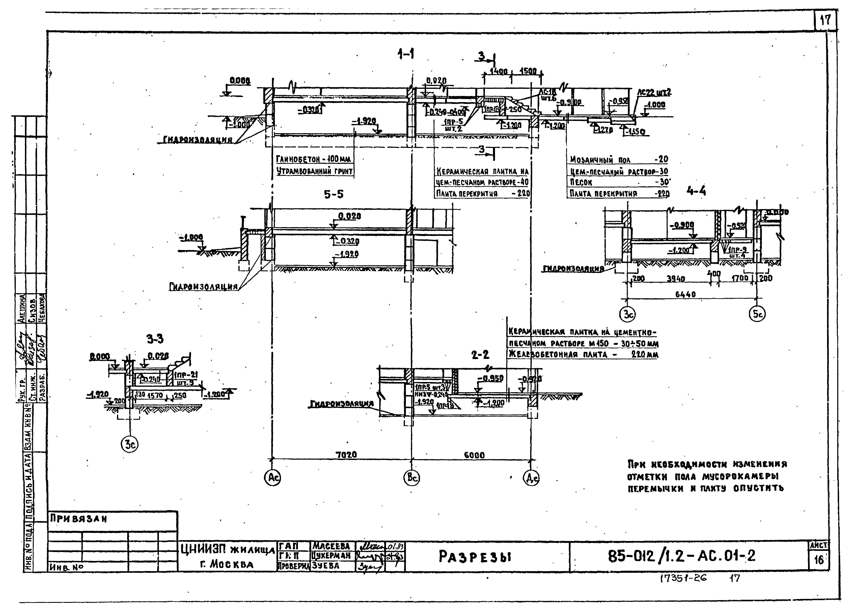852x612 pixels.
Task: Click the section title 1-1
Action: (406, 55)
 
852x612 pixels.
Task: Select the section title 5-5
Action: (334, 194)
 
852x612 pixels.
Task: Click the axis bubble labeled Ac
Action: (272, 478)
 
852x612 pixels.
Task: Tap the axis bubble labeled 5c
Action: (757, 314)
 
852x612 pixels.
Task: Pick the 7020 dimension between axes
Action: (346, 455)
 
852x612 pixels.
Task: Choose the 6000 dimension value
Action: (474, 455)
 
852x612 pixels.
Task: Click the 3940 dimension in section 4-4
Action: (676, 279)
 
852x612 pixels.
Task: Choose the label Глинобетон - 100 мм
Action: (313, 159)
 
